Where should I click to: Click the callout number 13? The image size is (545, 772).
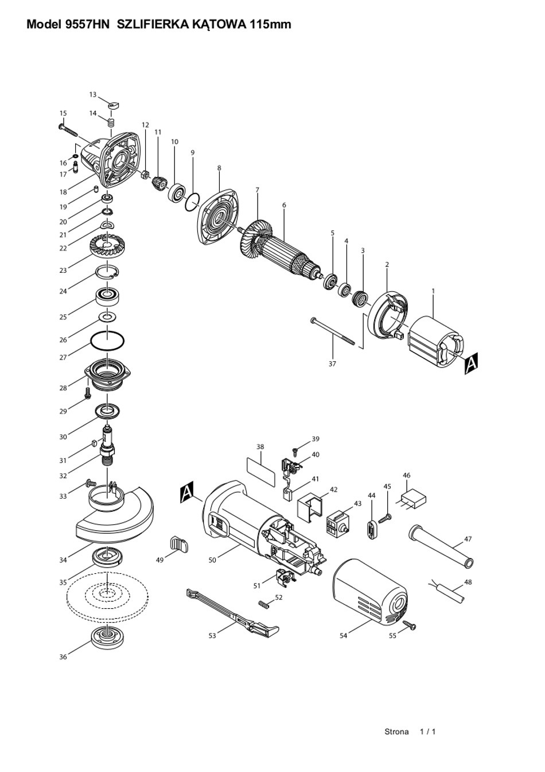(93, 94)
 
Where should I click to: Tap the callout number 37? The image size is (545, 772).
(332, 364)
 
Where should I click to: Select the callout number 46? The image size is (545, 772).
(407, 476)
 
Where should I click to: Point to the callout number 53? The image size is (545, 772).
(212, 636)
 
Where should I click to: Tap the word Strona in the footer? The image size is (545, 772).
(396, 731)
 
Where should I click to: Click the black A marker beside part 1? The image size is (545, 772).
(471, 364)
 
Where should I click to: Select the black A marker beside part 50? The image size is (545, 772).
(187, 493)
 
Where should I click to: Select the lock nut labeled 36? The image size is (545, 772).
(108, 638)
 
